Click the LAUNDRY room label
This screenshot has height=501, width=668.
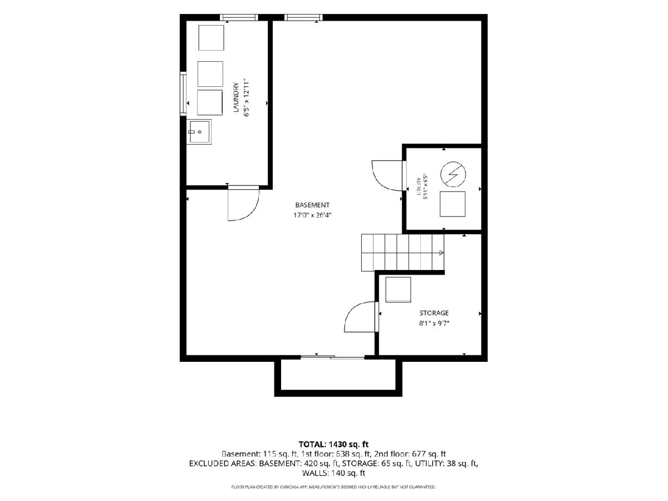point(236,97)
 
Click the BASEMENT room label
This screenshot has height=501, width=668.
point(312,205)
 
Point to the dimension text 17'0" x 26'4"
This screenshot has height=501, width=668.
point(312,215)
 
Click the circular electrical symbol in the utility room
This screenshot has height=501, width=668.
point(453,174)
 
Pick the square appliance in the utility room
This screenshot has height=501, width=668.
point(452,204)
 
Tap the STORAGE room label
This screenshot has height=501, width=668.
point(434,313)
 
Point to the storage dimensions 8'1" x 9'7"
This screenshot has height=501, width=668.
point(434,323)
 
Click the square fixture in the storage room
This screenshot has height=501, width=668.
point(398,289)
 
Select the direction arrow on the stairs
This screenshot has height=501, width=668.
point(441,253)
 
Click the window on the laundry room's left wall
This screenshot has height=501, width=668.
point(183,94)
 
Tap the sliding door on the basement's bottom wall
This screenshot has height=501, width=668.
point(333,357)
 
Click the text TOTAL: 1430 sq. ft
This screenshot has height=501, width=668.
point(333,444)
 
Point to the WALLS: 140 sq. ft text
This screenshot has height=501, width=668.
point(333,473)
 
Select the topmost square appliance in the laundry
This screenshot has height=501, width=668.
point(211,38)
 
